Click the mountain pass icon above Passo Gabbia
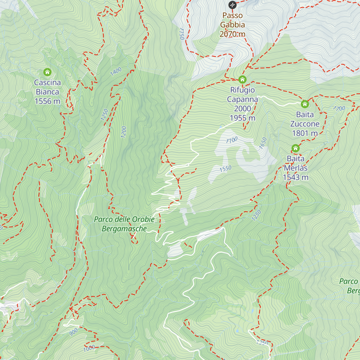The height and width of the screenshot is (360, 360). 232,5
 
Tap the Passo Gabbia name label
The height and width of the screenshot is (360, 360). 232,20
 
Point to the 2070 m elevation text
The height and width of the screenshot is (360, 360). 232,34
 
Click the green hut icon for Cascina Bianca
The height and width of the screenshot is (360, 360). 47,72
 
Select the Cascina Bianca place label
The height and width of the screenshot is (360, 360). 47,87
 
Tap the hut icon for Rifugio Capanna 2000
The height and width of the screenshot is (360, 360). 242,79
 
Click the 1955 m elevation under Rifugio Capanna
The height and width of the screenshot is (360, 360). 242,118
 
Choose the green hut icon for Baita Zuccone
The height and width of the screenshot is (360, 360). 305,104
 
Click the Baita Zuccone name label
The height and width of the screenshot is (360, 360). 305,119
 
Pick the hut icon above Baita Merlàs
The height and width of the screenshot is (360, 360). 295,148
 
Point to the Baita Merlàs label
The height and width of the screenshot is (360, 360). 295,163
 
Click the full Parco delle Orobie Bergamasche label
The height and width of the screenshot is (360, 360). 124,224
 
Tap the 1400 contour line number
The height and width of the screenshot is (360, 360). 116,71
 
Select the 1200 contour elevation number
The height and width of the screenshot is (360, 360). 124,132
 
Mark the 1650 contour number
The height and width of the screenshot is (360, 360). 263,143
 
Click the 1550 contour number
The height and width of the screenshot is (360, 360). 225,169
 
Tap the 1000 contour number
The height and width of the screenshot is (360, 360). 89,348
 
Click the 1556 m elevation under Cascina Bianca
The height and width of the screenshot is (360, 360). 47,101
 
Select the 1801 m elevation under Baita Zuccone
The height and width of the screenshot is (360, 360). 305,133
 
